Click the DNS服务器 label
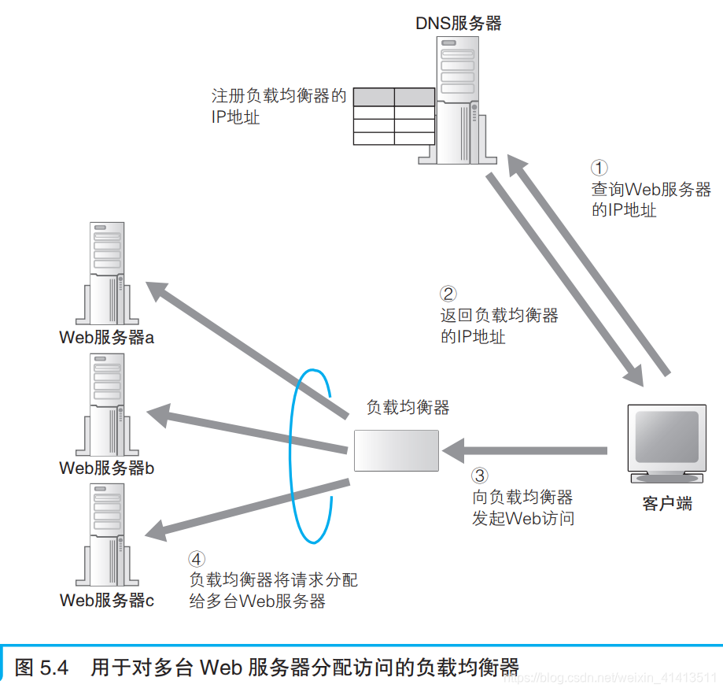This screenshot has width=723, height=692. coord(458,24)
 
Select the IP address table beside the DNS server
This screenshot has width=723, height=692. coord(393,117)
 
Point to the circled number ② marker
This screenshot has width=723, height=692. coord(448,294)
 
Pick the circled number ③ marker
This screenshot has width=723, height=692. coord(480,476)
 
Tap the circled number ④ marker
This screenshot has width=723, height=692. coord(197,558)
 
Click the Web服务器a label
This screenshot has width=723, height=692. coord(107,338)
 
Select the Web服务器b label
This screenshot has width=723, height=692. coord(107,468)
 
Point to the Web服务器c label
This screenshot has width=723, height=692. coord(107,600)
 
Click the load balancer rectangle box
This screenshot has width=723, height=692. coord(396,450)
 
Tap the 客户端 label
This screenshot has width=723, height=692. coord(667,505)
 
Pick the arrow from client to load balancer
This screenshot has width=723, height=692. coord(527,451)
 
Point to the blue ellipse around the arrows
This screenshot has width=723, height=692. coord(292,457)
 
